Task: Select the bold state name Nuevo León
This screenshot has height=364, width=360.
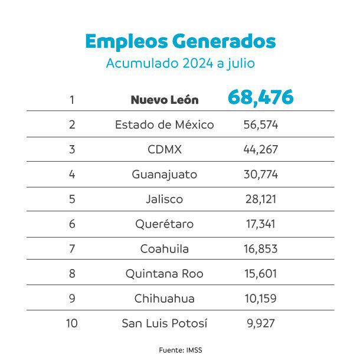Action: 164,100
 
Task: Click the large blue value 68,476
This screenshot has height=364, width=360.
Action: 260,97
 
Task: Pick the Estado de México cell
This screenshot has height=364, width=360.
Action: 164,124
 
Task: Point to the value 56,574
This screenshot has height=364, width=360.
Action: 260,124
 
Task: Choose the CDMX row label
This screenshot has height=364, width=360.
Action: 164,149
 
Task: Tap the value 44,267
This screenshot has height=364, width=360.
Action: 260,149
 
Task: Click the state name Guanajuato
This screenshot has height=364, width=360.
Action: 164,175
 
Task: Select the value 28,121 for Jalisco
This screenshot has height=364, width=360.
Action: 260,199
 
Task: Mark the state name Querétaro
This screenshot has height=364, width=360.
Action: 164,224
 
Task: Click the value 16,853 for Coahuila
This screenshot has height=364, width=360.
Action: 260,249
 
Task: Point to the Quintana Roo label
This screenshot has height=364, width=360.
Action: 164,274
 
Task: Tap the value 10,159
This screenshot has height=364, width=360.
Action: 260,299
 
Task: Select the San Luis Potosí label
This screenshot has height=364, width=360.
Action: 164,323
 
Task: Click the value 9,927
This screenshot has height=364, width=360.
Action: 260,323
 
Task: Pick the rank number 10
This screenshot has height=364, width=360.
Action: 72,323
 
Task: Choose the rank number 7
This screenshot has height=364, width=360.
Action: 72,249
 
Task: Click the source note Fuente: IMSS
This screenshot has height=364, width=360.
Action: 181,350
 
